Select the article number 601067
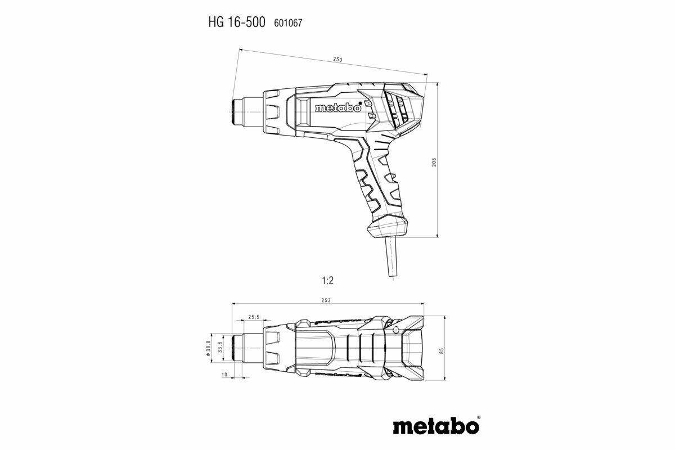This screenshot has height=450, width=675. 288,24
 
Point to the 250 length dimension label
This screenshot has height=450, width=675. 337,59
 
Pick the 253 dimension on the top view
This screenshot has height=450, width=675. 326,300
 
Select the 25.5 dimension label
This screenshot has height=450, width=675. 254,317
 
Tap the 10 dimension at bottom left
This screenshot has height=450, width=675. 224,375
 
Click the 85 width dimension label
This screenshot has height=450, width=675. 442,350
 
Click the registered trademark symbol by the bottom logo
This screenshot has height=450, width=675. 478,418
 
